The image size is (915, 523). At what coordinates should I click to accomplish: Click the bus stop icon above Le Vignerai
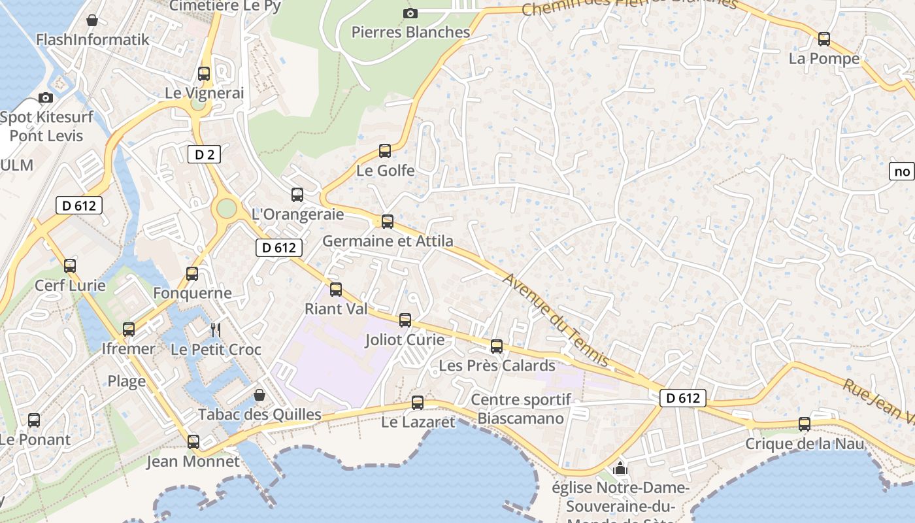pos(204,74)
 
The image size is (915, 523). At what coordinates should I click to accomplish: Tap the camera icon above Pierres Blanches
pos(410,13)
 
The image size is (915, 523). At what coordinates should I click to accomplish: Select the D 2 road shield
pos(204,155)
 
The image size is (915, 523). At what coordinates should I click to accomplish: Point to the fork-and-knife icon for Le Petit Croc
pos(216,329)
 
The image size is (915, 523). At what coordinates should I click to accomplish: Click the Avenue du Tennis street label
pos(556,320)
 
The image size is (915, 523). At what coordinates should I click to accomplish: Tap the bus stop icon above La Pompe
pos(824,39)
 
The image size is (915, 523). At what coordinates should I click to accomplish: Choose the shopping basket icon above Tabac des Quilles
pos(259,395)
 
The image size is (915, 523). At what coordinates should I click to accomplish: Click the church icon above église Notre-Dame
pos(620,468)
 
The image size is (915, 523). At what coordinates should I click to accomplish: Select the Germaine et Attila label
pos(388,241)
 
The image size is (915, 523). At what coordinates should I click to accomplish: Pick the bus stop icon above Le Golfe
pos(385,151)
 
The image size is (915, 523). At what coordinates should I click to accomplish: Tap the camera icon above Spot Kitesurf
pos(46,98)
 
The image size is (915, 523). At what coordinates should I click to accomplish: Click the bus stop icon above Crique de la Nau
pos(805,424)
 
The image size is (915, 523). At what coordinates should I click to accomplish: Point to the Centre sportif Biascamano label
pos(521,409)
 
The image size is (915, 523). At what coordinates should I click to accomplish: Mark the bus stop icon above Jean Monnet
pos(193,442)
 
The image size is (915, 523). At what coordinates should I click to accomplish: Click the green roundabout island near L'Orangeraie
pos(226,209)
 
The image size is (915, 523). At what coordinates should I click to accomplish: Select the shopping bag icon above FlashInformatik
pos(92,20)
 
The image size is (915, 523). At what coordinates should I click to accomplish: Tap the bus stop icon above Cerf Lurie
pos(70,266)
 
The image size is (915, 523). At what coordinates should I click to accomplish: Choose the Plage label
pos(127,381)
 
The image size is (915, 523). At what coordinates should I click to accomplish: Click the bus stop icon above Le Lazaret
pos(418,403)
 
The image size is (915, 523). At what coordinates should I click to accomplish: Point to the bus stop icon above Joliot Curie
pos(405,320)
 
